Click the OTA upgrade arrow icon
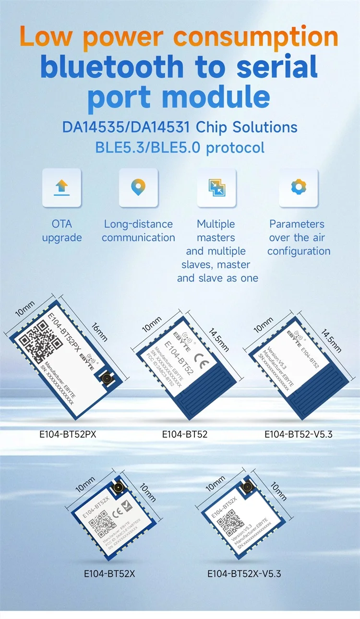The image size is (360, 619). (x=61, y=187)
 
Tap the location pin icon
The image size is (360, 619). (x=138, y=187)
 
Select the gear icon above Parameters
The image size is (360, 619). (x=298, y=187)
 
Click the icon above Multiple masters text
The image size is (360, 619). (x=216, y=187)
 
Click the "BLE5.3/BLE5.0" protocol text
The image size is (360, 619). (x=135, y=147)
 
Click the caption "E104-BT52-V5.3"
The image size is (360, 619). (x=298, y=434)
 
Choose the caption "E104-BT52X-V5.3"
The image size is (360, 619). (x=244, y=573)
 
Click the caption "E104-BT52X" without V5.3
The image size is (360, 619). (x=109, y=573)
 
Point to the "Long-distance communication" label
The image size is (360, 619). (x=138, y=231)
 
